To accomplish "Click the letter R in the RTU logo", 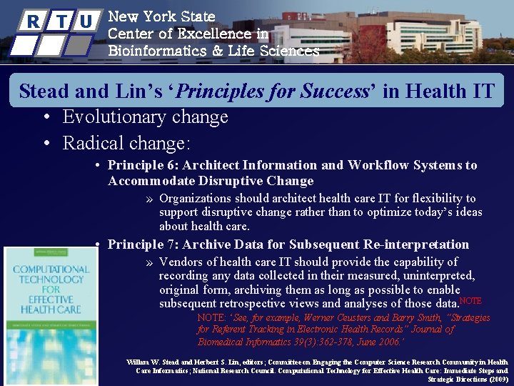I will tap(32, 21).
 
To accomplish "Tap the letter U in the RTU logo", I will tap(86, 21).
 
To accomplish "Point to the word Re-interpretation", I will tap(409, 244).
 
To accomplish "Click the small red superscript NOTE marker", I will tap(471, 301).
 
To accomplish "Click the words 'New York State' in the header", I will tap(161, 16).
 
